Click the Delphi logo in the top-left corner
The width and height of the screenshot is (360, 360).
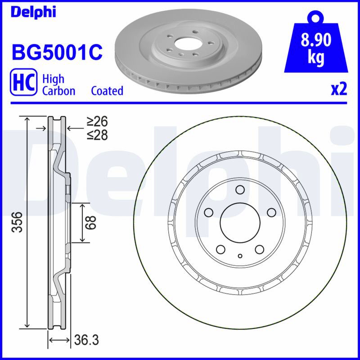click(x=33, y=12)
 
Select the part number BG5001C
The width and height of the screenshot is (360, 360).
click(x=57, y=52)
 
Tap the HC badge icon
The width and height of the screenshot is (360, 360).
click(x=23, y=82)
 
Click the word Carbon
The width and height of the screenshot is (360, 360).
click(x=59, y=91)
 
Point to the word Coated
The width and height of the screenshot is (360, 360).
click(x=107, y=91)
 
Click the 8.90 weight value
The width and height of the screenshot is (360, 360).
click(x=316, y=40)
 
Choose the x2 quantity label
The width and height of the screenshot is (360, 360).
click(x=339, y=89)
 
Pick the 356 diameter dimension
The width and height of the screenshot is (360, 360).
click(x=17, y=222)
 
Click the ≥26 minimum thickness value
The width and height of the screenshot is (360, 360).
click(x=97, y=121)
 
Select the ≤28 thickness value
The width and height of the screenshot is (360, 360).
click(x=97, y=135)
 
